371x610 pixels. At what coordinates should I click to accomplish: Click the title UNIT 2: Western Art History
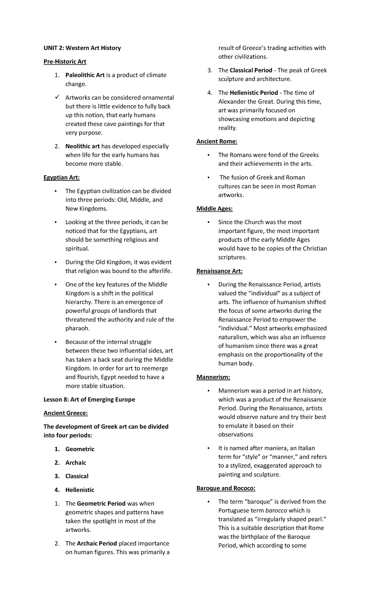pos(82,48)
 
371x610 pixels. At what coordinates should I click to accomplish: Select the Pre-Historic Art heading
pos(65,61)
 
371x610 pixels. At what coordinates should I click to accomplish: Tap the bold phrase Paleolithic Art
pos(85,75)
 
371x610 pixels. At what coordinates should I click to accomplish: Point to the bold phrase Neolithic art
pos(83,146)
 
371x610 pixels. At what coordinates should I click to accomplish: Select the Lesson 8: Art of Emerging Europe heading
pos(89,399)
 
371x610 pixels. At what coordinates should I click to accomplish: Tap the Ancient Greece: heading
pos(66,413)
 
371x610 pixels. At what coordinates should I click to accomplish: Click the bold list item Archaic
pos(75,462)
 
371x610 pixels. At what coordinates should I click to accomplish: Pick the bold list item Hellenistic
pos(80,490)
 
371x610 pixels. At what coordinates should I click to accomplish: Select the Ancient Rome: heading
pos(217,141)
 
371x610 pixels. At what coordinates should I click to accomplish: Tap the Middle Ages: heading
pos(215,209)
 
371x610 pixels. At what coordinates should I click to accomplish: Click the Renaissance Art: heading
pos(220,271)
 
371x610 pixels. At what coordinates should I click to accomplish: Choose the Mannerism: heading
pos(213,377)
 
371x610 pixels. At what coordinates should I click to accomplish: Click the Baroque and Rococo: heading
pos(226,488)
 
